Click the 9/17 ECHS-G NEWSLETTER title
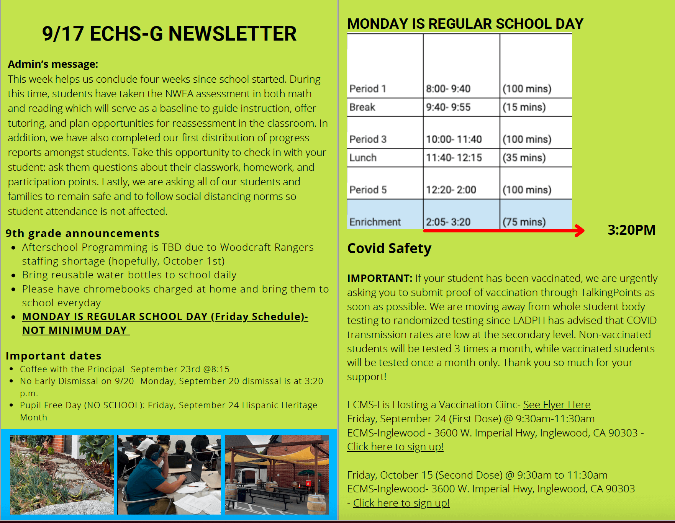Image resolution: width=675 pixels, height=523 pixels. (x=169, y=34)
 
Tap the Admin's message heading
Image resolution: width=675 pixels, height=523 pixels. (x=53, y=64)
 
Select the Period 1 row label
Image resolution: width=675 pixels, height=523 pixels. (x=367, y=89)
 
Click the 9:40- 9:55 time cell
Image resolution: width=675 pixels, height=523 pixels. (x=448, y=107)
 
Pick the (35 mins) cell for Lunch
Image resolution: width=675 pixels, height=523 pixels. (x=524, y=158)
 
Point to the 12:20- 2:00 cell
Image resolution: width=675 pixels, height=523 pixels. (x=451, y=190)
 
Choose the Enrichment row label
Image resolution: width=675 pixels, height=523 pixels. (x=375, y=222)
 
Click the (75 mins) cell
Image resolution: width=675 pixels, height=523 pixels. (x=524, y=222)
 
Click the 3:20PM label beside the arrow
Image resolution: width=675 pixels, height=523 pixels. (x=631, y=230)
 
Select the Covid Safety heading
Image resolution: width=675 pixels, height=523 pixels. (x=389, y=248)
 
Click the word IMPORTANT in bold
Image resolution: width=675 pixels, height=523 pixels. (x=379, y=278)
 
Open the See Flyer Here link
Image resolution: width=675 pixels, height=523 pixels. (x=556, y=405)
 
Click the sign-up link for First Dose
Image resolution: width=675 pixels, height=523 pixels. (x=395, y=447)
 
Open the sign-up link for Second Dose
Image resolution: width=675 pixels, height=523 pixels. (x=401, y=503)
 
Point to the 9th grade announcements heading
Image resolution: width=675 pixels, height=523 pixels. (x=82, y=233)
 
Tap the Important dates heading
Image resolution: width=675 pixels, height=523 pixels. (x=53, y=356)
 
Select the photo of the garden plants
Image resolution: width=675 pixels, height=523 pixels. (x=62, y=475)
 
